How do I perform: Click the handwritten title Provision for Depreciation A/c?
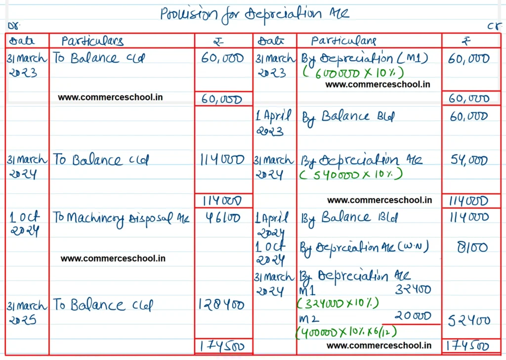254,14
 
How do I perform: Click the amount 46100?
222,218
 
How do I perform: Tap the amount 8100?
471,247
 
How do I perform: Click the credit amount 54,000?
469,160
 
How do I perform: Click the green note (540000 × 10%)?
351,174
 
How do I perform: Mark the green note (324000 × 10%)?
337,302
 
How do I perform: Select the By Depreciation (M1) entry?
365,58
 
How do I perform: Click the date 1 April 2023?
273,123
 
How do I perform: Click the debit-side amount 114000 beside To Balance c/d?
222,160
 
